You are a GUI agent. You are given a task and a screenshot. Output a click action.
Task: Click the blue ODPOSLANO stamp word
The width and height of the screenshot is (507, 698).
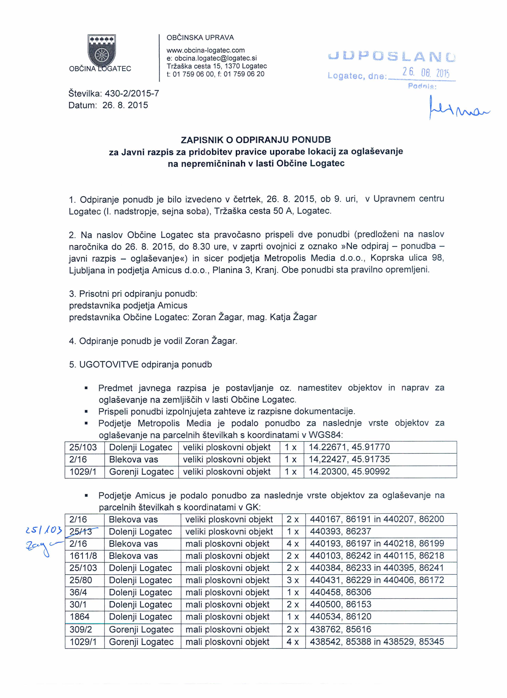(x=391, y=57)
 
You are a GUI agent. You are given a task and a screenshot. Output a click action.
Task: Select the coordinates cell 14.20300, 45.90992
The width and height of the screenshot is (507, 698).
(x=349, y=472)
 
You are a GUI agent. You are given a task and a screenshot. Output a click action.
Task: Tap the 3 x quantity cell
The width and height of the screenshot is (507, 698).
(x=293, y=580)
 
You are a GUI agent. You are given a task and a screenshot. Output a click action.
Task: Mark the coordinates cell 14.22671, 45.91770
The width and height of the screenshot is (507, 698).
(x=349, y=447)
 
